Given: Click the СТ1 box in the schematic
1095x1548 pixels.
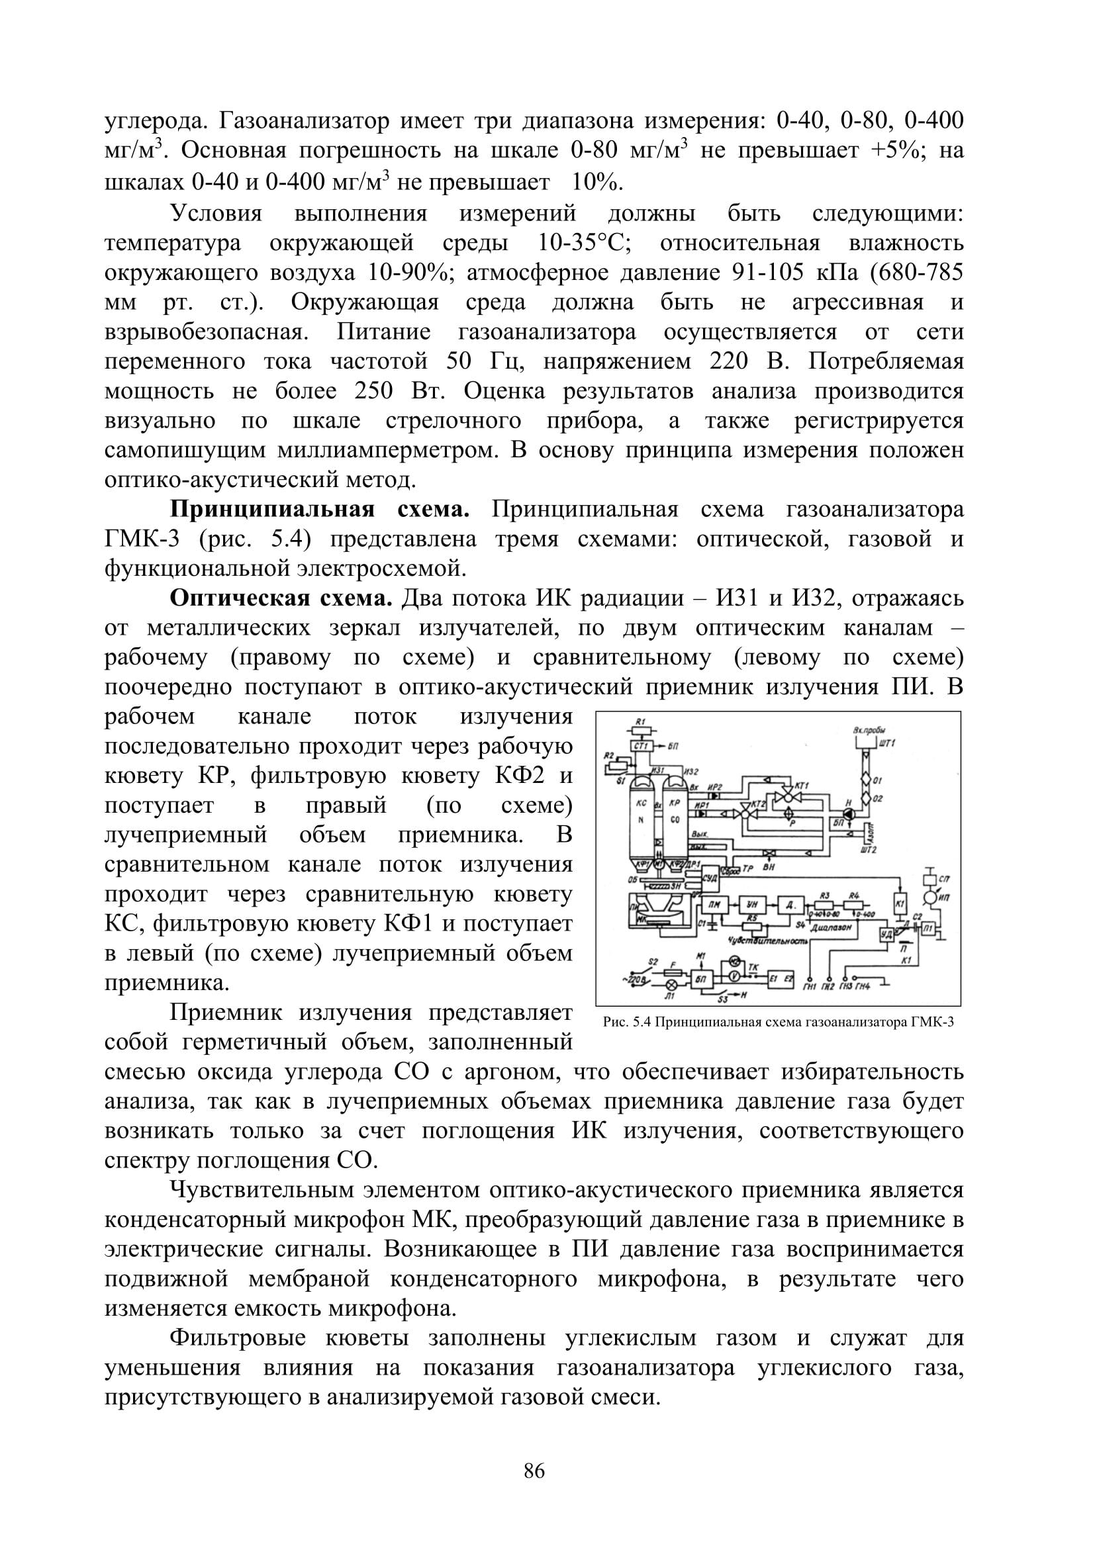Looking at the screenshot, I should pos(641,747).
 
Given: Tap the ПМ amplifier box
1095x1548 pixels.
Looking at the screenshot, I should pos(714,905).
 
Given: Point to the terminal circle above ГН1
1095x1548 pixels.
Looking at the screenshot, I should pos(809,979).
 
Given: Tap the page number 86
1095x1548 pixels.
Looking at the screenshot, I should pos(534,1471).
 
